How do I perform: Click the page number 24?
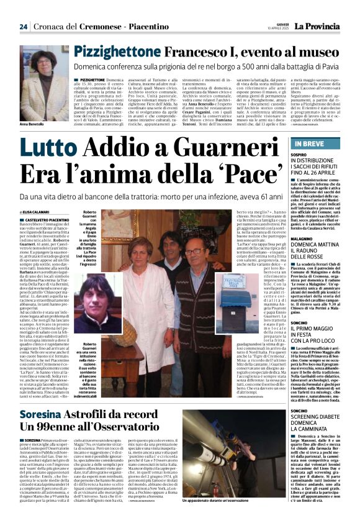(24, 27)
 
